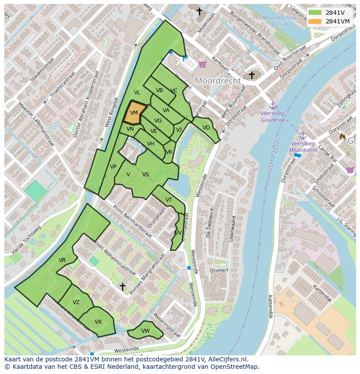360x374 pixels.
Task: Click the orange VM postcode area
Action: click(133, 113)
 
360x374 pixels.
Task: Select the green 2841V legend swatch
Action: click(316, 12)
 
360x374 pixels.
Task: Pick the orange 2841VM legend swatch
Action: click(316, 21)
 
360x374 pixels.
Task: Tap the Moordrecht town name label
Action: click(217, 81)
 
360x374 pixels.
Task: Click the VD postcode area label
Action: click(206, 128)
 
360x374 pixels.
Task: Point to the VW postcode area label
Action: click(146, 331)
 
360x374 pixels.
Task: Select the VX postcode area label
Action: click(98, 322)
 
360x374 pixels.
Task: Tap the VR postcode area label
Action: click(62, 260)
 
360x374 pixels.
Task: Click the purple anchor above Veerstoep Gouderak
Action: click(273, 105)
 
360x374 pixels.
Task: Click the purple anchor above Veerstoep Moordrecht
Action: click(303, 136)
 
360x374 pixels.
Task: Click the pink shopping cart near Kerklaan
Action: click(202, 64)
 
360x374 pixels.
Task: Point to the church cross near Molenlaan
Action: click(200, 12)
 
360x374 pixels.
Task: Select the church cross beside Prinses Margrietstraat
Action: click(123, 286)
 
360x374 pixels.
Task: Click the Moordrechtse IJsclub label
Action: click(280, 21)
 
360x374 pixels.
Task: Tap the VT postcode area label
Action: click(169, 200)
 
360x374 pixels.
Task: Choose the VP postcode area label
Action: click(113, 167)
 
